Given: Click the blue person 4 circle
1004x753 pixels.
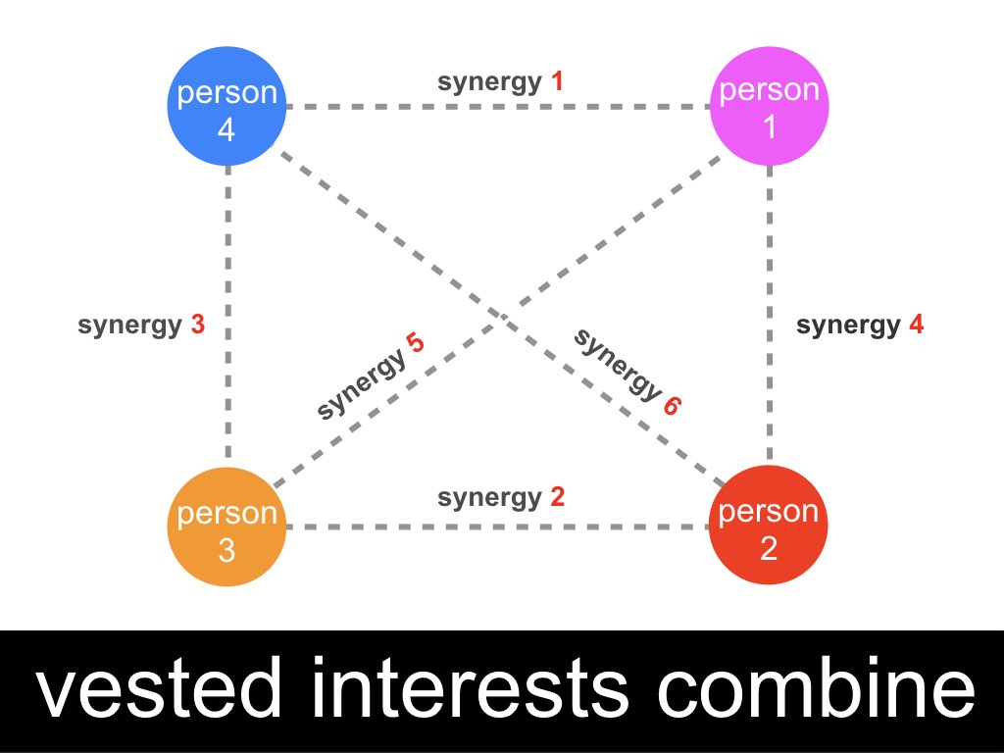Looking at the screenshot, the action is click(x=226, y=106).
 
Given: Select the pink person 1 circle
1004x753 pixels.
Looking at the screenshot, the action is click(x=770, y=106).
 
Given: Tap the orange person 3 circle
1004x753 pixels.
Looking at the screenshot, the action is click(x=226, y=527).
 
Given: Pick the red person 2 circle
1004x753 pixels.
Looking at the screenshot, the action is click(x=769, y=526).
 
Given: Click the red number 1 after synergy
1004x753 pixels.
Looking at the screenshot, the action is click(x=557, y=81).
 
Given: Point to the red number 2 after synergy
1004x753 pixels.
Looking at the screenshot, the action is click(x=557, y=496).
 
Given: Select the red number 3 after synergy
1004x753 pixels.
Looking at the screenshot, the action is click(x=198, y=325).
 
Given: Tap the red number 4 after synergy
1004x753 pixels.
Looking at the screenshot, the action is click(x=917, y=325).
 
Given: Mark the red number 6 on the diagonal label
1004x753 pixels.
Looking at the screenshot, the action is click(x=672, y=406).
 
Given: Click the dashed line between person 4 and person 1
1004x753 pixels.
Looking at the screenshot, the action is click(x=498, y=106).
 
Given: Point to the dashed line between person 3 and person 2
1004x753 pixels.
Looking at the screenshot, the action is click(x=497, y=527).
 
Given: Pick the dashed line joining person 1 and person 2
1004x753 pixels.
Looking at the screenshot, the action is click(x=769, y=316).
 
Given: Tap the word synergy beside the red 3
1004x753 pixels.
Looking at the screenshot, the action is click(x=130, y=326).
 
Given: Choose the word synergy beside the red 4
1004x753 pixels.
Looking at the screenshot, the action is click(x=848, y=326).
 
